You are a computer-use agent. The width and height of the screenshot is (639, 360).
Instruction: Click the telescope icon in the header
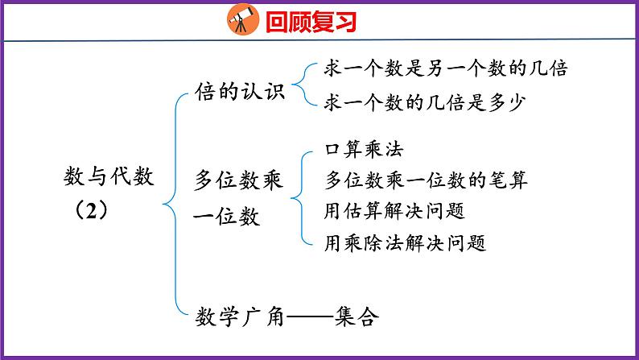click(240, 19)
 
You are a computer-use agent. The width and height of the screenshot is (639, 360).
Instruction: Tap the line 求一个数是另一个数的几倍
click(445, 68)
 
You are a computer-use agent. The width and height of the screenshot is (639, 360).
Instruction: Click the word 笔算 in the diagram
click(509, 180)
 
